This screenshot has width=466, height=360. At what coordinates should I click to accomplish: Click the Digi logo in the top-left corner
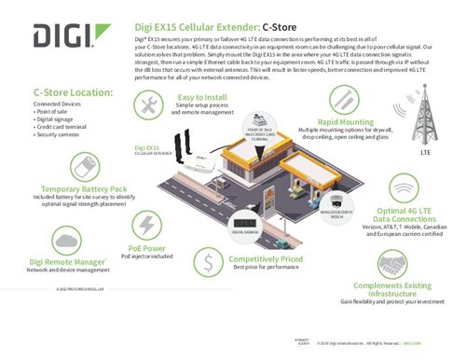click(62, 37)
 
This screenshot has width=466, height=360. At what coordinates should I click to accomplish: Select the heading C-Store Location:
click(74, 92)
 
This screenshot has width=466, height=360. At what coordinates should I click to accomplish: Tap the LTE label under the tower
click(427, 150)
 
